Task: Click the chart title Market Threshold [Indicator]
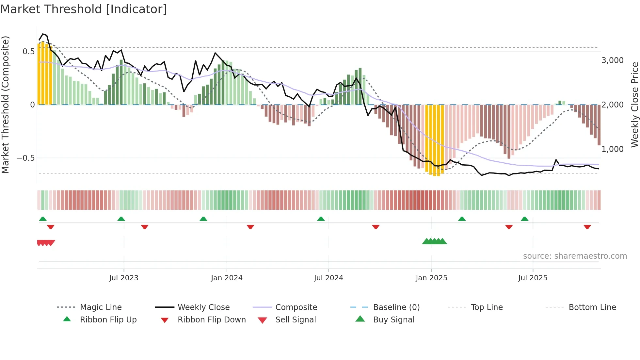[x=84, y=9]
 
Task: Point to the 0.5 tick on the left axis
[x=28, y=52]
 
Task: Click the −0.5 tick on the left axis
[x=26, y=158]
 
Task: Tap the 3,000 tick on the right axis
[x=612, y=60]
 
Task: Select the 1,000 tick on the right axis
[x=612, y=149]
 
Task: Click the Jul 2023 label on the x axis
[x=124, y=278]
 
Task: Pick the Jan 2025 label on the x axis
[x=431, y=278]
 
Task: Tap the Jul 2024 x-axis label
[x=328, y=278]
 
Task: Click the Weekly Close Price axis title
[x=634, y=105]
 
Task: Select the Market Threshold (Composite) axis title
[x=6, y=105]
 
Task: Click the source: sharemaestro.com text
[x=575, y=256]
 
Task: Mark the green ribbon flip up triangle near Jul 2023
[x=121, y=219]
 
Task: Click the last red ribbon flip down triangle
[x=587, y=227]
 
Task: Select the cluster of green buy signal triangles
[x=434, y=241]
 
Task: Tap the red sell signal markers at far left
[x=46, y=243]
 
